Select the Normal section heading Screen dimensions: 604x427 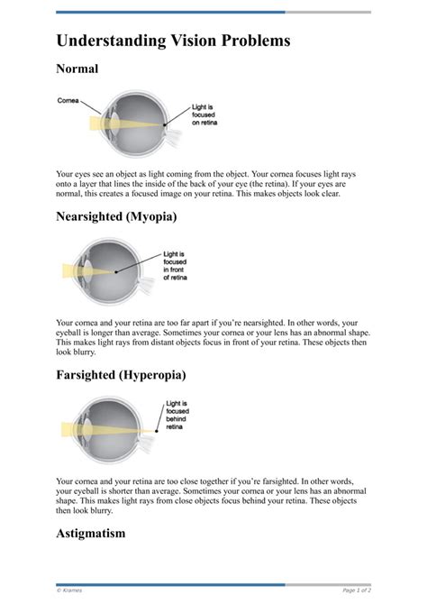pos(77,69)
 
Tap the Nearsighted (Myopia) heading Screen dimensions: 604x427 pos(115,217)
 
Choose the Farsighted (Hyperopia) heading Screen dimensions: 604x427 pos(121,374)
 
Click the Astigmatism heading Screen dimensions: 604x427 pos(90,533)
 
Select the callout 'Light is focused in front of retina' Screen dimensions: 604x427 pos(176,266)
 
